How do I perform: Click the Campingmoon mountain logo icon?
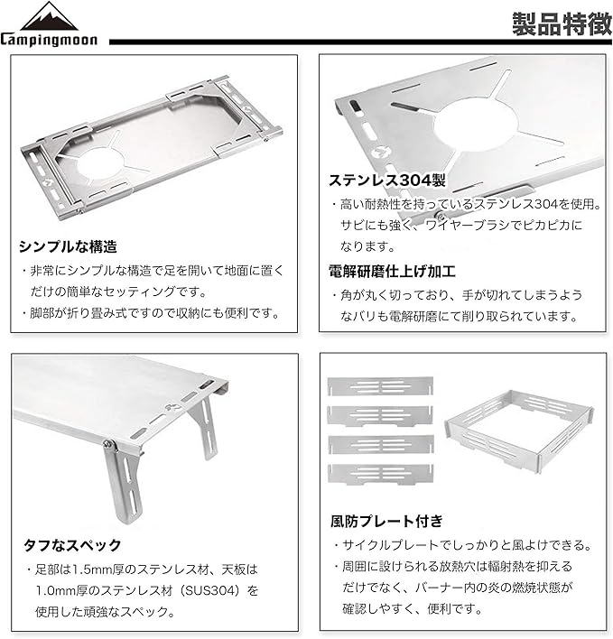pos(49,16)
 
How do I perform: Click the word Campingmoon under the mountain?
pos(49,40)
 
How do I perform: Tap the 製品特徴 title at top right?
pos(562,23)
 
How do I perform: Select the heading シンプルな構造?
pos(68,246)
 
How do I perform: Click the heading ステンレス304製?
pos(387,181)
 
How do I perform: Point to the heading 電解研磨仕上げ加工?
pos(392,271)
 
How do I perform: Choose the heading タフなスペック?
pos(72,545)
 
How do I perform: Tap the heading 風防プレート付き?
pos(386,521)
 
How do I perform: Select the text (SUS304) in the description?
pos(211,590)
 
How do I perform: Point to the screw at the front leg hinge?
pos(109,443)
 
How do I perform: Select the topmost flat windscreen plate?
pos(380,386)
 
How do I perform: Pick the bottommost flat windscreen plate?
pos(380,474)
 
